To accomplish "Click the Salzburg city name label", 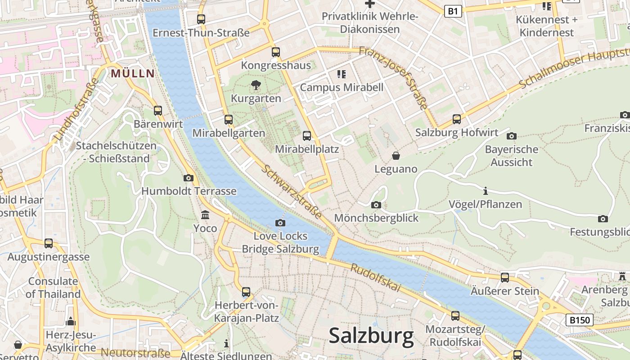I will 371,336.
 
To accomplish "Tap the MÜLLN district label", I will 132,73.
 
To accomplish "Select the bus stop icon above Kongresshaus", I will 276,52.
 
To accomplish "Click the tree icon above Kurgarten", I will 256,85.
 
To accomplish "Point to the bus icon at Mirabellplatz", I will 307,135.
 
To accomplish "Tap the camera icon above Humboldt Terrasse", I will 189,178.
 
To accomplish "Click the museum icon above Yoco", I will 205,215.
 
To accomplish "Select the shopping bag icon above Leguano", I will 396,156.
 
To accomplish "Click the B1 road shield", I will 453,11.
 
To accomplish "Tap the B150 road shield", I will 579,320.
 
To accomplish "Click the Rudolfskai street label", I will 375,278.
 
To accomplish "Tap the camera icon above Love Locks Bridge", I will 280,223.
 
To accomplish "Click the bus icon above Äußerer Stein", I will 505,278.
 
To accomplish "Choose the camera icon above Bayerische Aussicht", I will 511,136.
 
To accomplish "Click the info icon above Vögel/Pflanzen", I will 485,191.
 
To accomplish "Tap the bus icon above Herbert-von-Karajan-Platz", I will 246,292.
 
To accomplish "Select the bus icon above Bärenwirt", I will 157,111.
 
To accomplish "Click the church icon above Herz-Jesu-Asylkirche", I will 70,322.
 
